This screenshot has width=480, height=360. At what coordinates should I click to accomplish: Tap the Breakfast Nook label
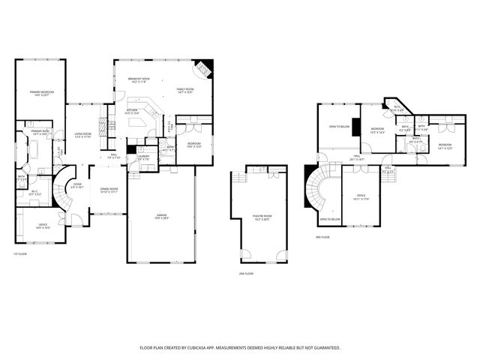click(x=140, y=81)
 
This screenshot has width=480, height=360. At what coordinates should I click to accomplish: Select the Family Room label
click(x=186, y=91)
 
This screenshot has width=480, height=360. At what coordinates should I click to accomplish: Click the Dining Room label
click(x=109, y=190)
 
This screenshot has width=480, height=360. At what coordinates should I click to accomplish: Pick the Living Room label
click(x=82, y=136)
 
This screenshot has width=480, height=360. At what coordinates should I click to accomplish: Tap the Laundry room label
click(x=144, y=157)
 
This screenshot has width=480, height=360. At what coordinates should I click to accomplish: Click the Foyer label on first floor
click(x=77, y=185)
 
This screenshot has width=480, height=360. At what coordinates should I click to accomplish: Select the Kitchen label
click(x=132, y=111)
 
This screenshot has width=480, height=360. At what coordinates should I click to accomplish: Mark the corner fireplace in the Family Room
click(x=204, y=70)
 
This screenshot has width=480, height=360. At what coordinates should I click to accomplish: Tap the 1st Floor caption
click(x=19, y=253)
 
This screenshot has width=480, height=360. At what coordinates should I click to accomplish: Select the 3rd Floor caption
click(x=322, y=237)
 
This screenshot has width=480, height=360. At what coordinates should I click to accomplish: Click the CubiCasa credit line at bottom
click(x=240, y=348)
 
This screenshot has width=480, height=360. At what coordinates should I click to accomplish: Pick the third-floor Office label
click(x=361, y=198)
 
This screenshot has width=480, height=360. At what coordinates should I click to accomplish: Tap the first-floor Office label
click(x=43, y=226)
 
